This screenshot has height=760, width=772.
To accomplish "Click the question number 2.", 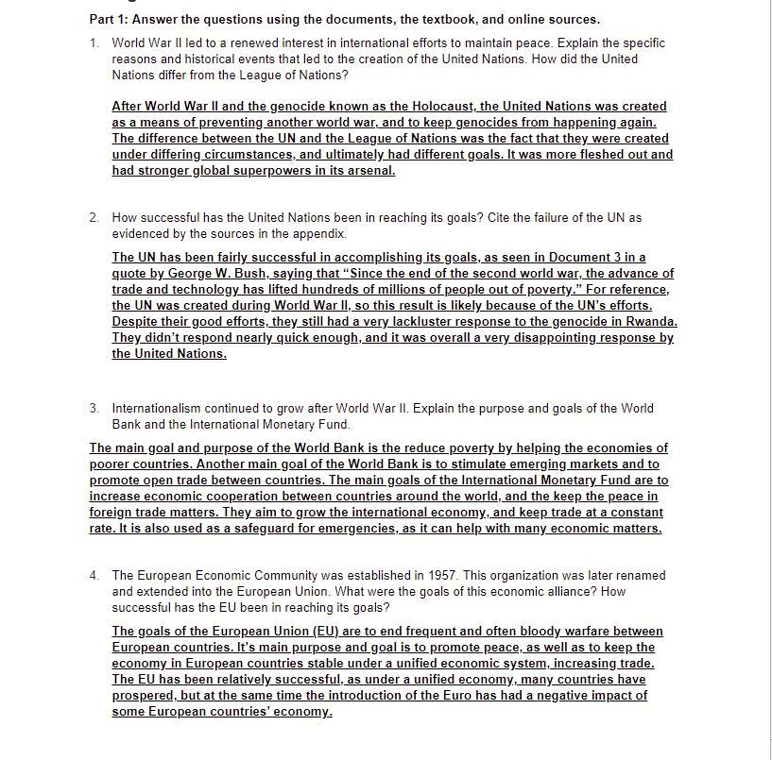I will [x=94, y=218].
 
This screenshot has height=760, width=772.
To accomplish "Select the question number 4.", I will [x=94, y=576].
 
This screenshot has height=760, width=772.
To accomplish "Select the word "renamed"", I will [x=639, y=576].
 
